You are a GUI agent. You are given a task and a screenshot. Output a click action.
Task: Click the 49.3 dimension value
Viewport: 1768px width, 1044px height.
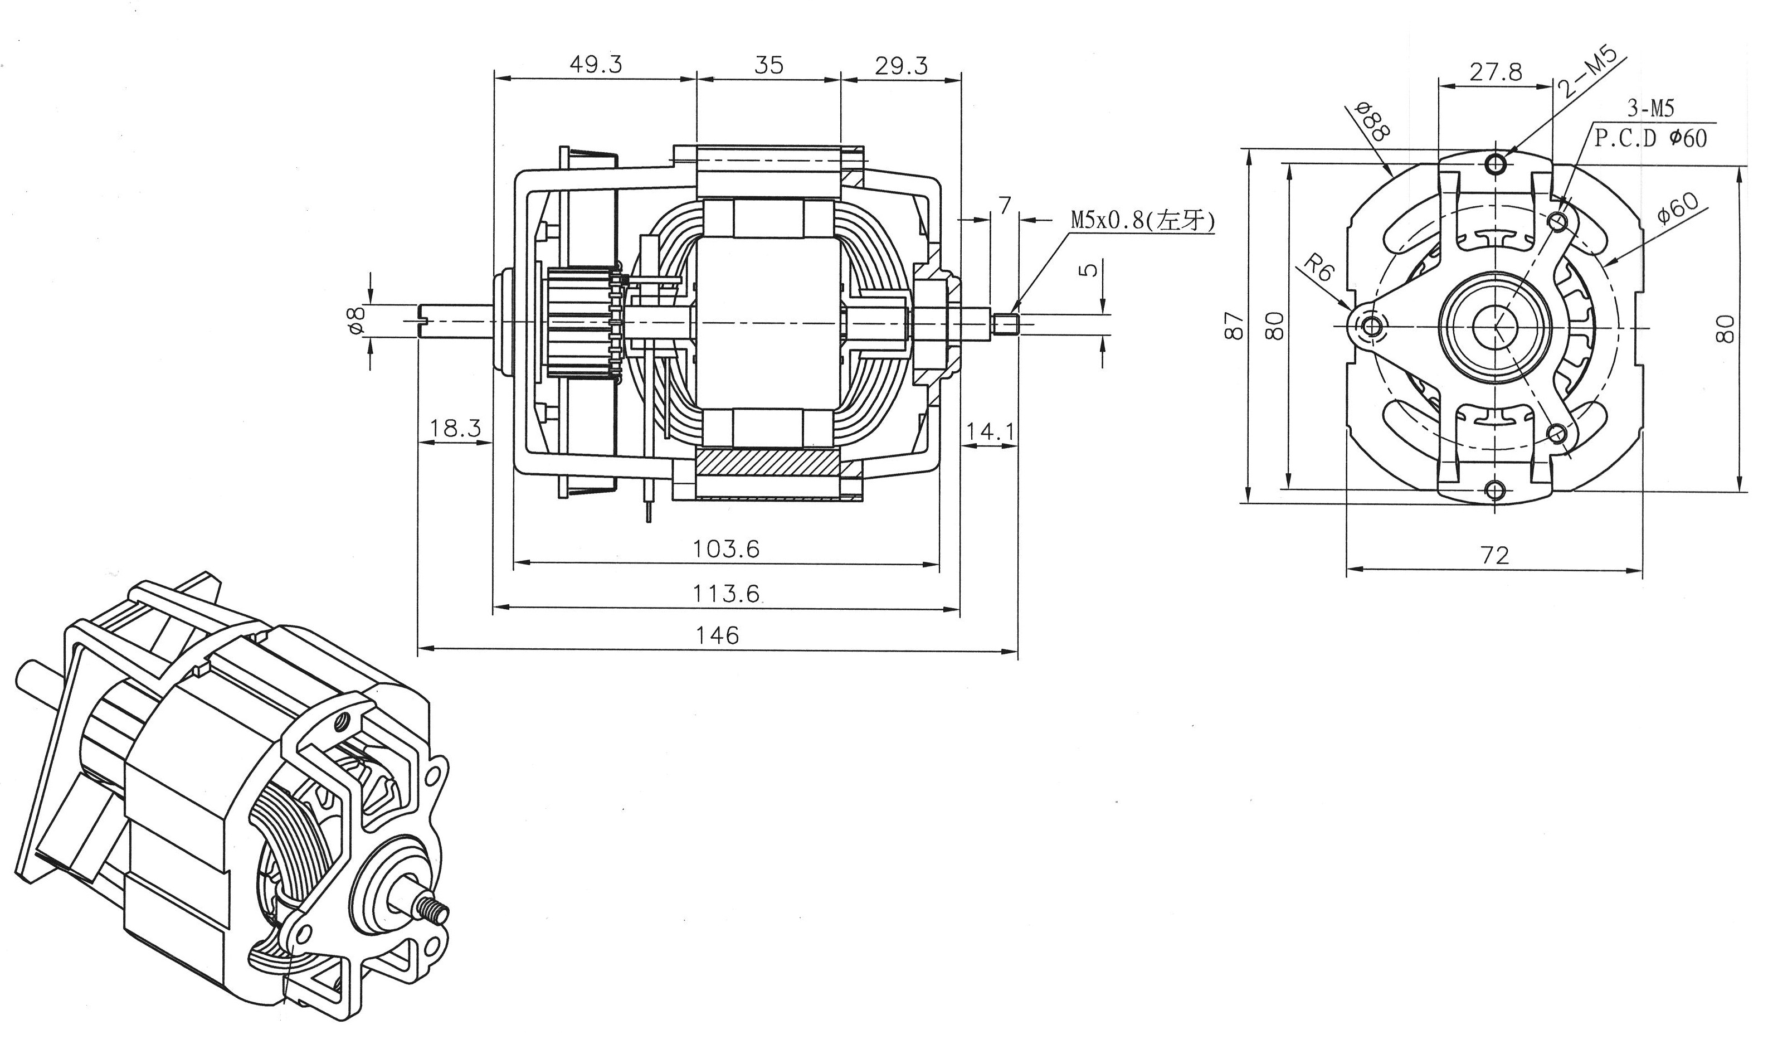(595, 65)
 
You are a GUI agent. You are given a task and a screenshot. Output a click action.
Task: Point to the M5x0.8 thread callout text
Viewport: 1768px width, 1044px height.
(1143, 220)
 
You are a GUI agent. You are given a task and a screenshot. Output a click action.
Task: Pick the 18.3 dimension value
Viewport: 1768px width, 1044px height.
(456, 428)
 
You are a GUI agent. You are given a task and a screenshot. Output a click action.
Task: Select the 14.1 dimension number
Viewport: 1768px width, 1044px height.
(990, 431)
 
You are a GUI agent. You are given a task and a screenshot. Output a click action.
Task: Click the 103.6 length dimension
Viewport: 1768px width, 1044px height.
(726, 548)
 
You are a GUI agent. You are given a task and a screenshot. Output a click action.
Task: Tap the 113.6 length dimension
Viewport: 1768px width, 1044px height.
(726, 594)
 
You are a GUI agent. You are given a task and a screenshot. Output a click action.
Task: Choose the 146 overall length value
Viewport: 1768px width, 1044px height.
(717, 636)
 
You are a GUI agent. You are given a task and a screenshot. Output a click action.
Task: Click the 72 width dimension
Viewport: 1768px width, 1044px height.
(1494, 556)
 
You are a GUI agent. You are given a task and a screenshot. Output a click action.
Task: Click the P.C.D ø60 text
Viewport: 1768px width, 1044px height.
(1650, 138)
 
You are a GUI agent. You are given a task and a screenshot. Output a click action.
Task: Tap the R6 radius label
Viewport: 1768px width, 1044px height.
(1318, 268)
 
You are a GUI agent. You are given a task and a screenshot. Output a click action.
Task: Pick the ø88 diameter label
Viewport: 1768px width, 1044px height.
(1371, 122)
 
